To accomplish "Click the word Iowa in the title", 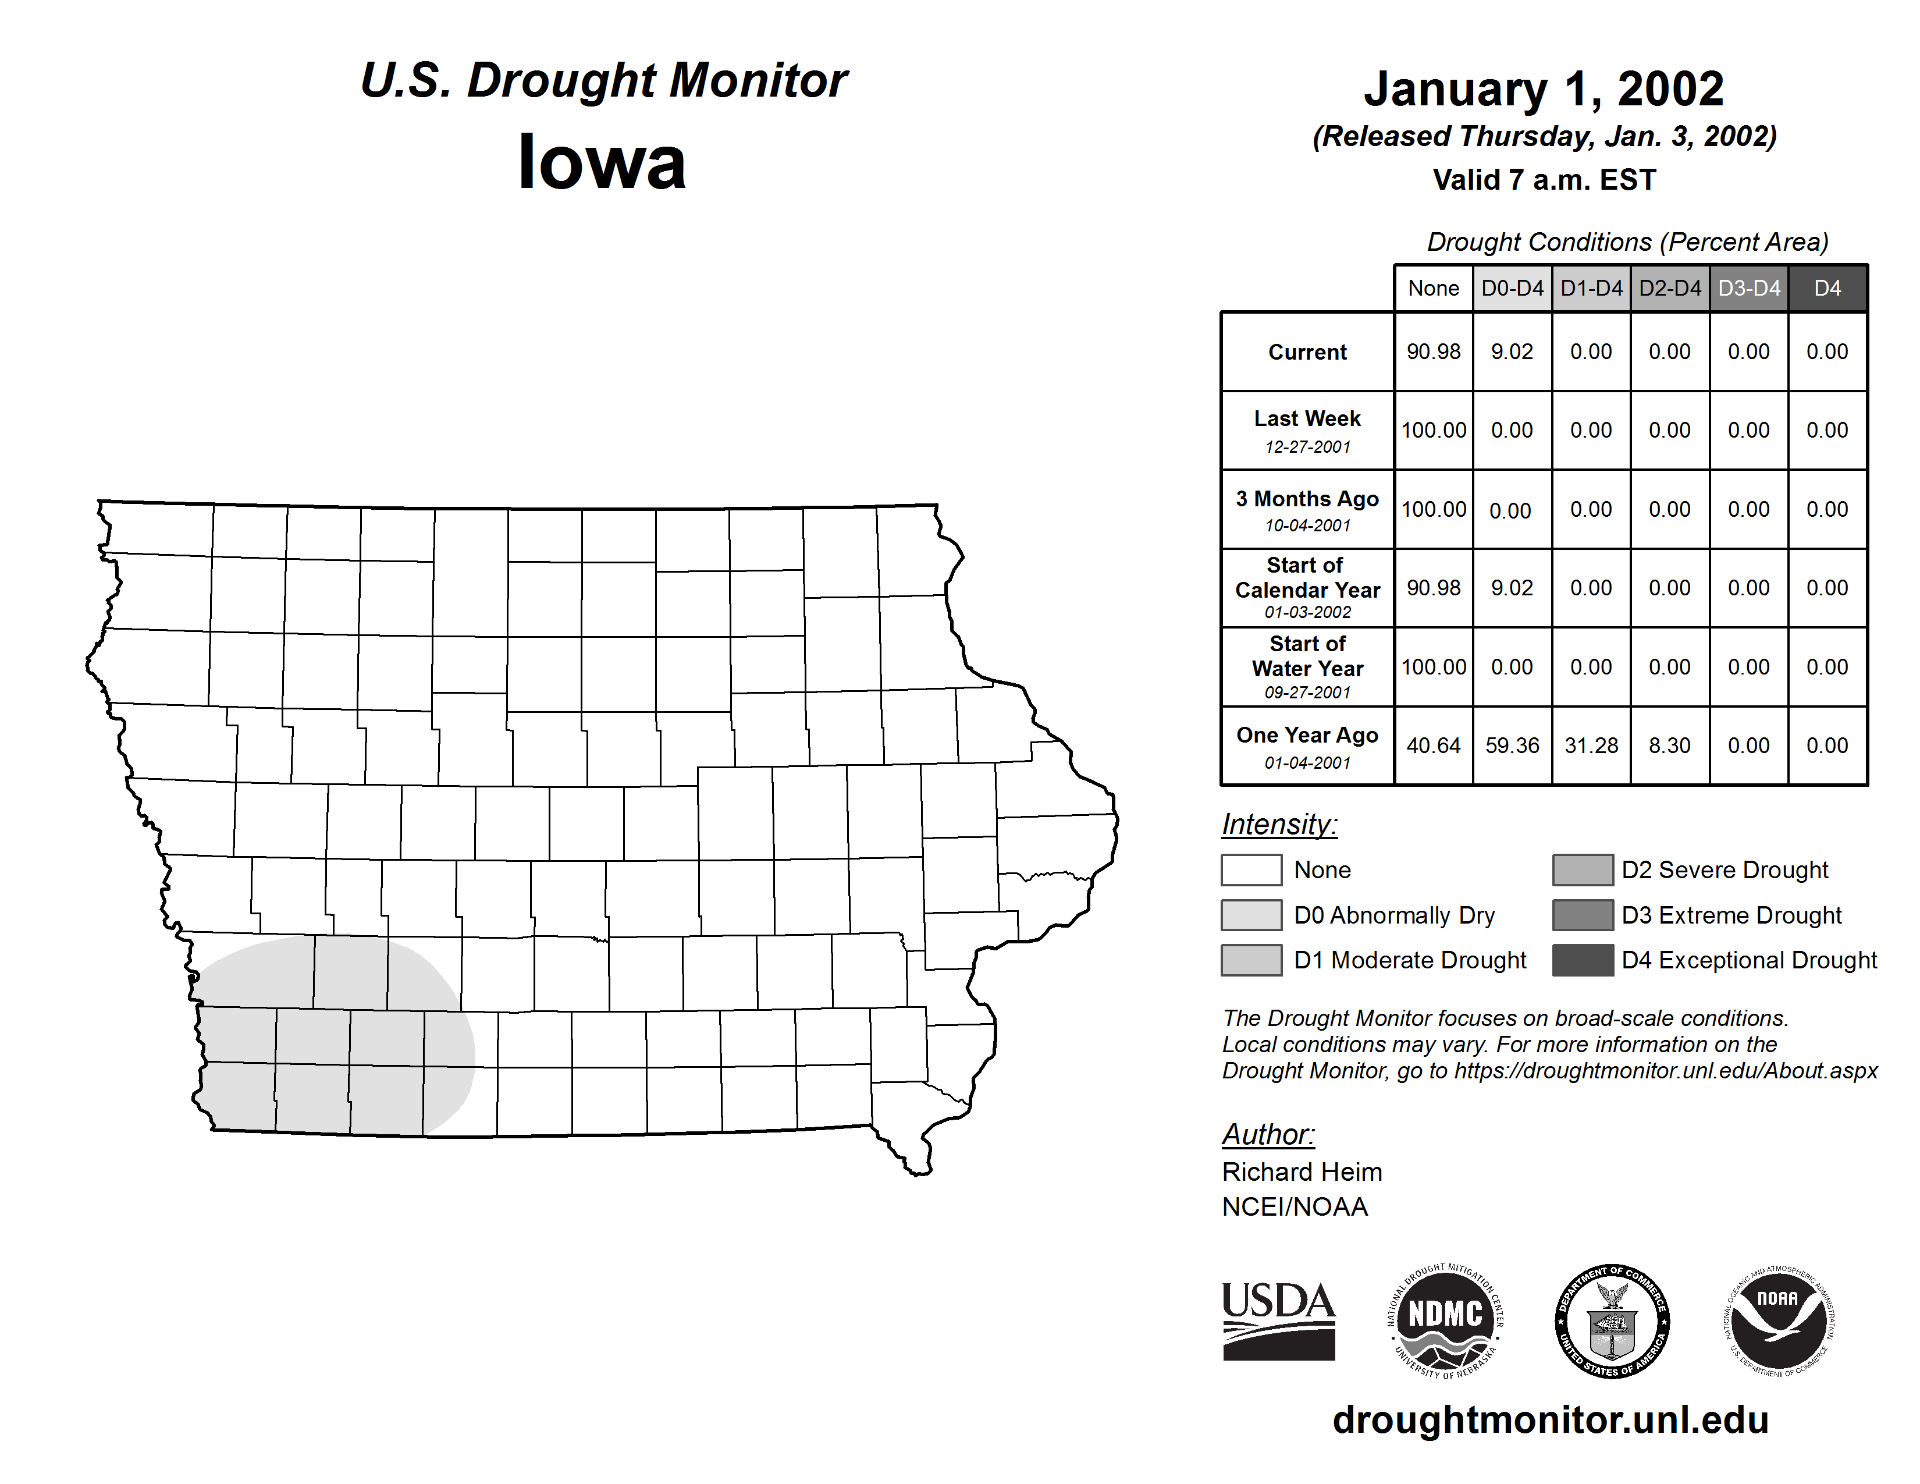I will [x=602, y=162].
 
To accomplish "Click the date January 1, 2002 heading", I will [x=1544, y=90].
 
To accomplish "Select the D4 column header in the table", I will [x=1827, y=288].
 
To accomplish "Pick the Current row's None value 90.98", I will [x=1433, y=352].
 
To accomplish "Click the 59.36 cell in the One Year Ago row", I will [x=1512, y=745].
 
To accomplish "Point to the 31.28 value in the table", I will [x=1591, y=745].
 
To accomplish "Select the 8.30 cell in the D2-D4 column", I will [x=1669, y=745].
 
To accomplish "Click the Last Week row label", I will [x=1307, y=420].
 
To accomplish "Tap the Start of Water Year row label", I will [x=1307, y=656].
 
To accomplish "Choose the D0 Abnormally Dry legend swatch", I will [x=1251, y=914].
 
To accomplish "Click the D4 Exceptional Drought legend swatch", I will [x=1583, y=960].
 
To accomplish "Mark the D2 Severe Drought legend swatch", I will [x=1583, y=869].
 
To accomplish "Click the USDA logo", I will [x=1278, y=1320].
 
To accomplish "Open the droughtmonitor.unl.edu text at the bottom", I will [x=1551, y=1420].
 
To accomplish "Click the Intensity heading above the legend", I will [x=1279, y=825].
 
